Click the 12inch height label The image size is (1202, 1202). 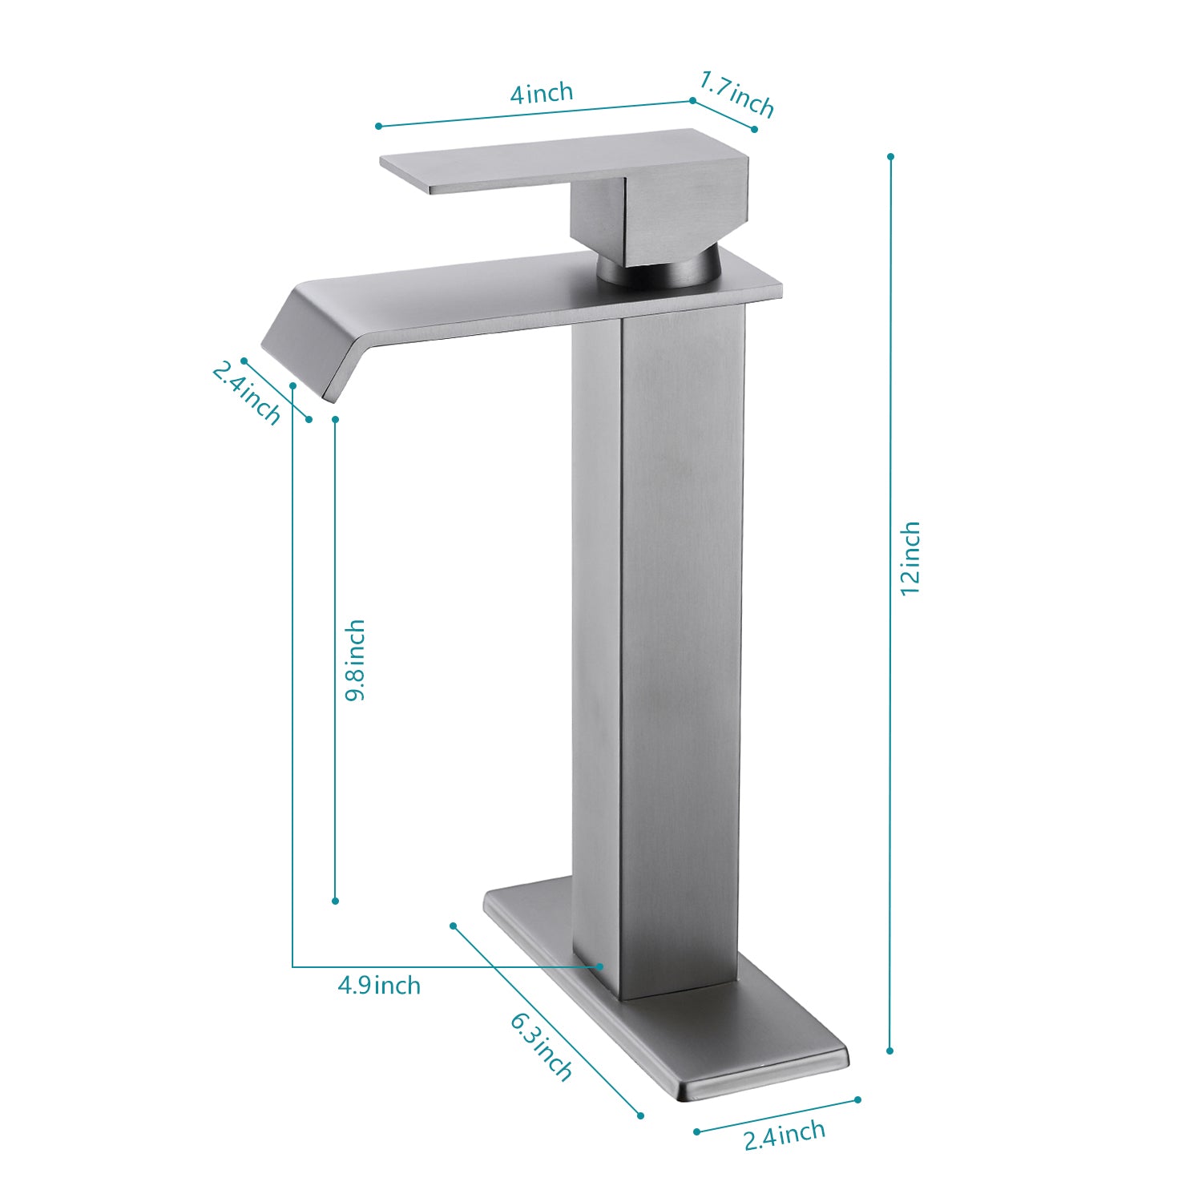pos(910,558)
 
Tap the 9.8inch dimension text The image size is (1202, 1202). pos(354,659)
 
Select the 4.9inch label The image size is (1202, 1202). pos(379,985)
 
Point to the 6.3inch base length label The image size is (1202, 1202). pos(542,1047)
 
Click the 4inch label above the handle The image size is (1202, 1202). pos(542,93)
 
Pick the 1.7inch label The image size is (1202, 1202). pos(736,94)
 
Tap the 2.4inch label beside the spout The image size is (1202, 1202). pos(247,393)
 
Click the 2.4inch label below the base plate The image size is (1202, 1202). pos(784,1135)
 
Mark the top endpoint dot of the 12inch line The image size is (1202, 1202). pos(890,156)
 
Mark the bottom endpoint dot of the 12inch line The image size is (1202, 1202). pos(890,1051)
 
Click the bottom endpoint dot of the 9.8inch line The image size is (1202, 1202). pos(335,901)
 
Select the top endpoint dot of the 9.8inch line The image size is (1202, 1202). pos(335,419)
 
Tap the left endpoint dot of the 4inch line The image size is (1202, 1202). pos(378,126)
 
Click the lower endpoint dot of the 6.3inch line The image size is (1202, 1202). pos(640,1115)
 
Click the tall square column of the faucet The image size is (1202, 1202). pos(657,641)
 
